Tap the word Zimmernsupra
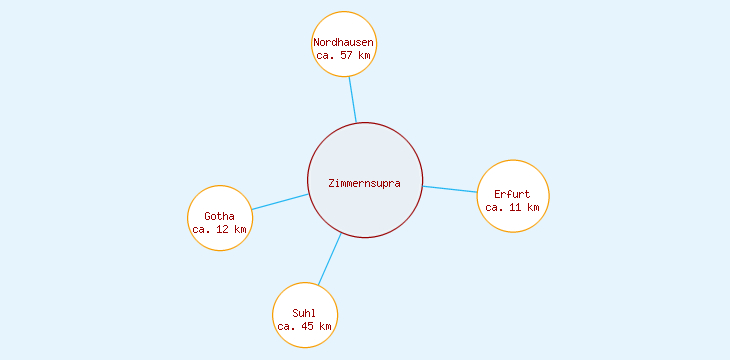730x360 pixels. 365,183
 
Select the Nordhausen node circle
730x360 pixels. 344,25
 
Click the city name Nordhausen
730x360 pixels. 344,43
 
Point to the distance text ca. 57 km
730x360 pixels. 344,56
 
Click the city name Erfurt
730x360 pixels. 512,194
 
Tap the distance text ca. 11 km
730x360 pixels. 512,208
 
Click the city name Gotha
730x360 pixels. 219,216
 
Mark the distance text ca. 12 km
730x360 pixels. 219,230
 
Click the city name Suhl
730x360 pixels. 304,313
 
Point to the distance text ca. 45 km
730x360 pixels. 304,326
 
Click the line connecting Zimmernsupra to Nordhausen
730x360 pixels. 352,100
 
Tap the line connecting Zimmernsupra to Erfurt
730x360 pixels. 450,189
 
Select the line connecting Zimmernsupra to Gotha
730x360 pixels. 279,202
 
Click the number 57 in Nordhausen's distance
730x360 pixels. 347,56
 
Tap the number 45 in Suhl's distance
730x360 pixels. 308,326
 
